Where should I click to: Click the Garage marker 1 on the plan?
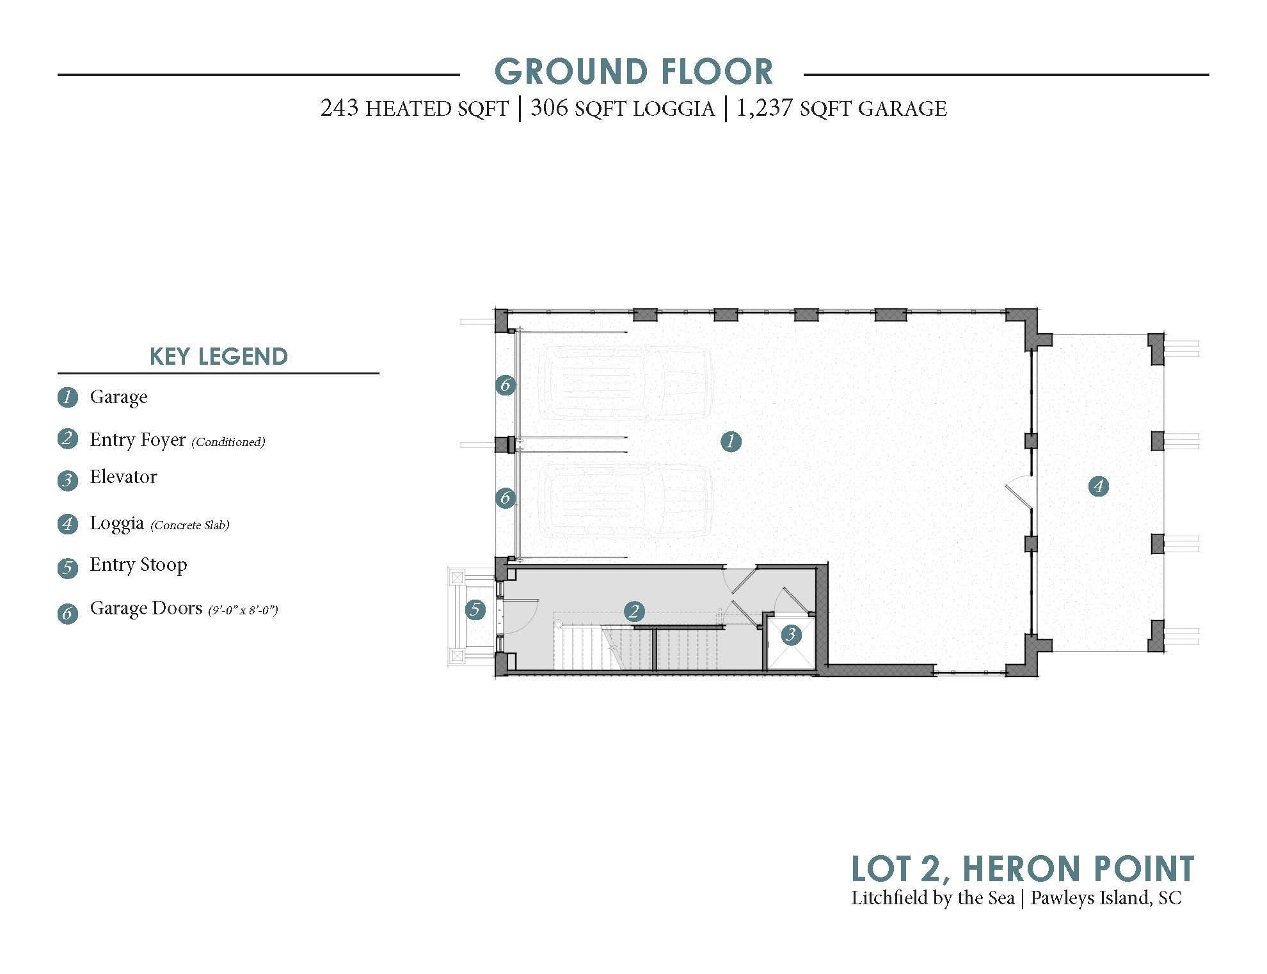(x=730, y=441)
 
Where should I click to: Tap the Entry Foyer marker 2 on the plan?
(x=633, y=611)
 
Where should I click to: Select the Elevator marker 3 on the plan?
(x=792, y=634)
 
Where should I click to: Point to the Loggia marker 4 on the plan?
(x=1099, y=487)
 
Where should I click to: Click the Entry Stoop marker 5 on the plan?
(x=475, y=609)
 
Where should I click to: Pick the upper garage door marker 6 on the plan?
(x=506, y=385)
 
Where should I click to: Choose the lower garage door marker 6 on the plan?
(x=506, y=497)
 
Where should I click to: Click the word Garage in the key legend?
(x=118, y=397)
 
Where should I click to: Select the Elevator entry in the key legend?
(x=124, y=477)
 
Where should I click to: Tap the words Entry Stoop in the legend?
(x=138, y=565)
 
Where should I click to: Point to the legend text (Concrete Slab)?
(x=190, y=525)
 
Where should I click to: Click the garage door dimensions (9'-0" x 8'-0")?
(x=243, y=610)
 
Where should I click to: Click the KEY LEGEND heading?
(x=218, y=356)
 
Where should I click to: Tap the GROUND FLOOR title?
(x=634, y=71)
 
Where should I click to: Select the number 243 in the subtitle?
(x=339, y=108)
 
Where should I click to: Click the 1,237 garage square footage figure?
(x=765, y=109)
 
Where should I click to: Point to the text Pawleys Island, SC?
(x=1106, y=898)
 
